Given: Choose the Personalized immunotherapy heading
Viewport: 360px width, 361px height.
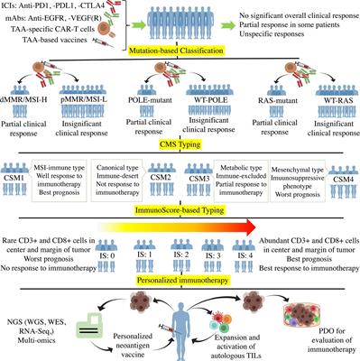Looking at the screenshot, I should tap(180, 269).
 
